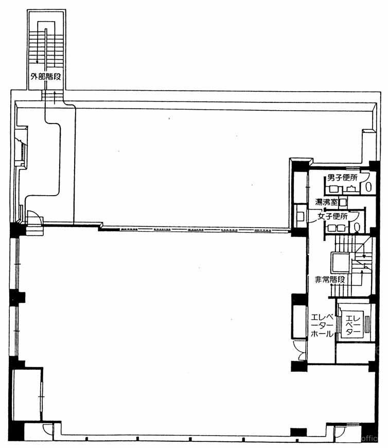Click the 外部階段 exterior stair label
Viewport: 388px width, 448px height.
point(46,77)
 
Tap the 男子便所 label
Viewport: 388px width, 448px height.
point(342,178)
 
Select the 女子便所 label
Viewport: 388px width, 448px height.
point(332,216)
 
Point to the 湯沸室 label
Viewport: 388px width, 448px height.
point(326,202)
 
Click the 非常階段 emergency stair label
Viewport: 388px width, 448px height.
point(330,280)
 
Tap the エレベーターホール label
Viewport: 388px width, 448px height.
point(322,325)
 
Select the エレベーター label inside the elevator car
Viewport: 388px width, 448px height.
point(353,324)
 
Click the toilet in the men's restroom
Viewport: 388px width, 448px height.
point(368,187)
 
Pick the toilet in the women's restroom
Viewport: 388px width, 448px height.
point(357,228)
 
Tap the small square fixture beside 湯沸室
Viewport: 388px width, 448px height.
point(343,202)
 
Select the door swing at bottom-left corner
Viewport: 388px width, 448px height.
point(47,429)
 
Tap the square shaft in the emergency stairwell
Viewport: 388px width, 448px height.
point(340,262)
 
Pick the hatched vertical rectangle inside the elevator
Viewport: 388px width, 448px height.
point(367,324)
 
